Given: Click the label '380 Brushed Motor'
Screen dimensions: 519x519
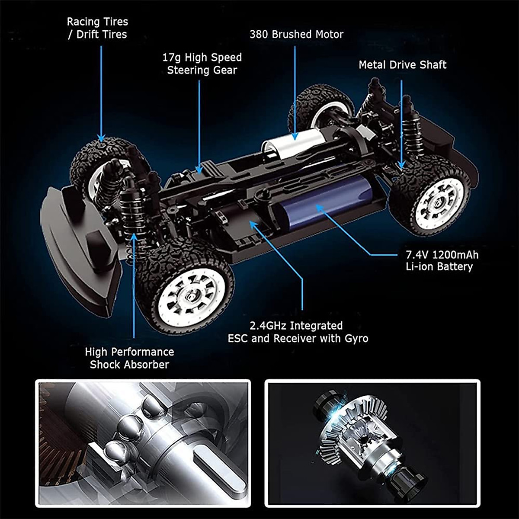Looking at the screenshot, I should [x=296, y=35].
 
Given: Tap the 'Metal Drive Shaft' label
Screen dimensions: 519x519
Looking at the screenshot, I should [x=402, y=65].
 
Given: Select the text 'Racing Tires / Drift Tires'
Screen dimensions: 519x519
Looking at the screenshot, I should [x=97, y=28].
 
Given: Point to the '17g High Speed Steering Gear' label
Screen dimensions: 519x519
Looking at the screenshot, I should [x=202, y=64].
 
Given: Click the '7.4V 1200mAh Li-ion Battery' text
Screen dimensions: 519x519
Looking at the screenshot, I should [x=442, y=260].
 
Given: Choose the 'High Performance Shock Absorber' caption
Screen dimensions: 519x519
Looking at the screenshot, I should [x=129, y=358].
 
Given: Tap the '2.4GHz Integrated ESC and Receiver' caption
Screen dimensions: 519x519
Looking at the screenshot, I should [x=298, y=332].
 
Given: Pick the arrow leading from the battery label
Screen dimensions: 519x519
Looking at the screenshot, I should [x=346, y=234].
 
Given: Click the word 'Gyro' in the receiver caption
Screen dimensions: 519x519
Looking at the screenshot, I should [x=356, y=338].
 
